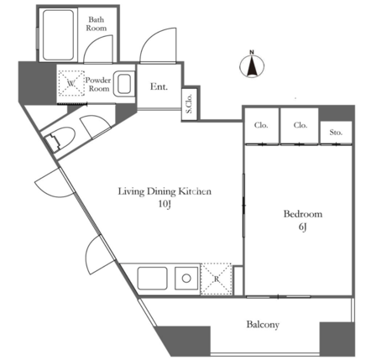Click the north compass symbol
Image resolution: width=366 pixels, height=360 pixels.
(x=252, y=65)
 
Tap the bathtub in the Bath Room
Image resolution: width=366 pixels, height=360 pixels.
(x=58, y=34)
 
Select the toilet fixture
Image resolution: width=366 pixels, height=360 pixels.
(x=60, y=139)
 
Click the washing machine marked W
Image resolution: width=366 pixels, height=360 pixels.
(x=71, y=83)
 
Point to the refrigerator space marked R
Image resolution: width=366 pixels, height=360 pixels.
(x=217, y=279)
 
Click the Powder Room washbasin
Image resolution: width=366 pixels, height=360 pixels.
(x=124, y=84)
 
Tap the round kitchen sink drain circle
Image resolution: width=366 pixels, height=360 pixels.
(x=186, y=279)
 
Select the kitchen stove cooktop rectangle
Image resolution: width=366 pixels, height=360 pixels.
(x=153, y=279)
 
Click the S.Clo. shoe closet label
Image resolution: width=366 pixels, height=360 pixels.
(x=189, y=104)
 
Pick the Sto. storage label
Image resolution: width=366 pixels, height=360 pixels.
(x=336, y=133)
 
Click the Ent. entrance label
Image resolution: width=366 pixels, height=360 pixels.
(x=159, y=86)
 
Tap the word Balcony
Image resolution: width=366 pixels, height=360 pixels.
(x=263, y=325)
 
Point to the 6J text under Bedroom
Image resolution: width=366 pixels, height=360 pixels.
(x=302, y=227)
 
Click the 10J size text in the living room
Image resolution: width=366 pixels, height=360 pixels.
(x=165, y=204)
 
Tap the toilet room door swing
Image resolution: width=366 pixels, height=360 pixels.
(x=96, y=127)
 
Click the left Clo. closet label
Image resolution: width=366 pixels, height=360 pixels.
(x=261, y=125)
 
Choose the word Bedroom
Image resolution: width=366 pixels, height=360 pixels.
(x=303, y=214)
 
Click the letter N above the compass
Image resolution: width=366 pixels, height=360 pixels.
(x=252, y=52)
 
